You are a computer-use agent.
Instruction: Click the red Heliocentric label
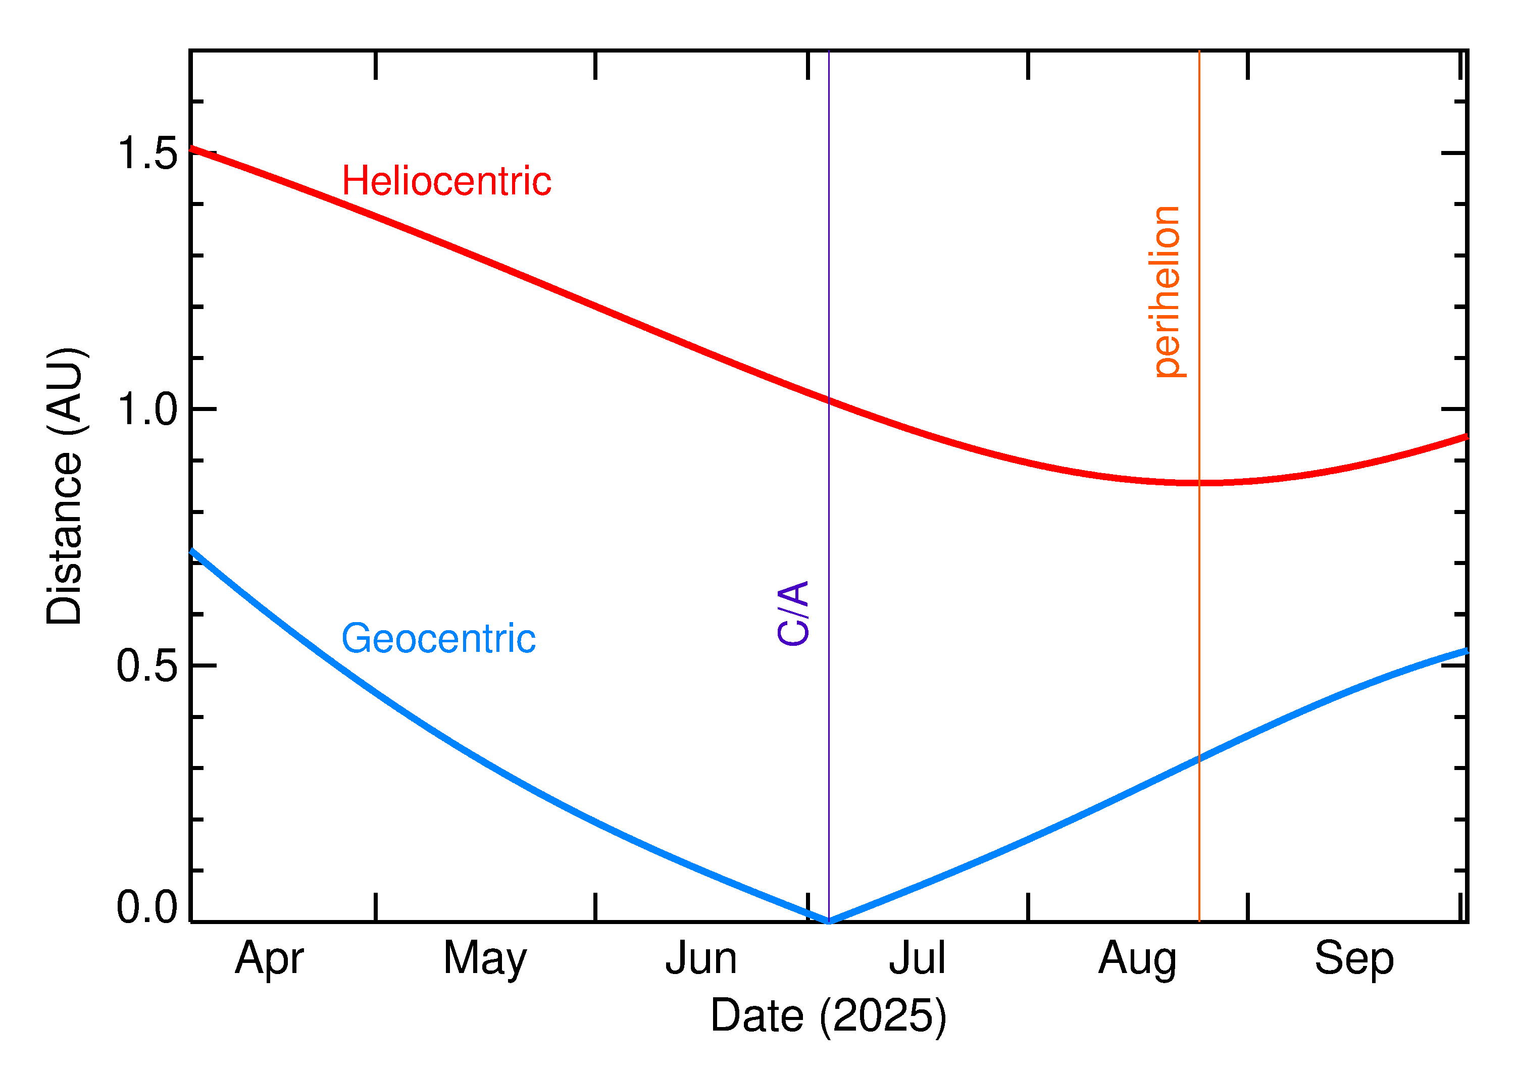point(446,181)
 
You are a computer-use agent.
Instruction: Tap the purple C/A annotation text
point(793,613)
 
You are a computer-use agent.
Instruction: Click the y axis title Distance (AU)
point(64,486)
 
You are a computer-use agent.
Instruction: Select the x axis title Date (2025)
point(829,1015)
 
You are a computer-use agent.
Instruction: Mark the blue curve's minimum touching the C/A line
point(829,921)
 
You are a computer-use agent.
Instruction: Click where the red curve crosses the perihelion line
point(1199,483)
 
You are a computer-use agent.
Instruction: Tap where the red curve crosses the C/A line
point(829,401)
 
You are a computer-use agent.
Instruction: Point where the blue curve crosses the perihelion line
point(1199,758)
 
